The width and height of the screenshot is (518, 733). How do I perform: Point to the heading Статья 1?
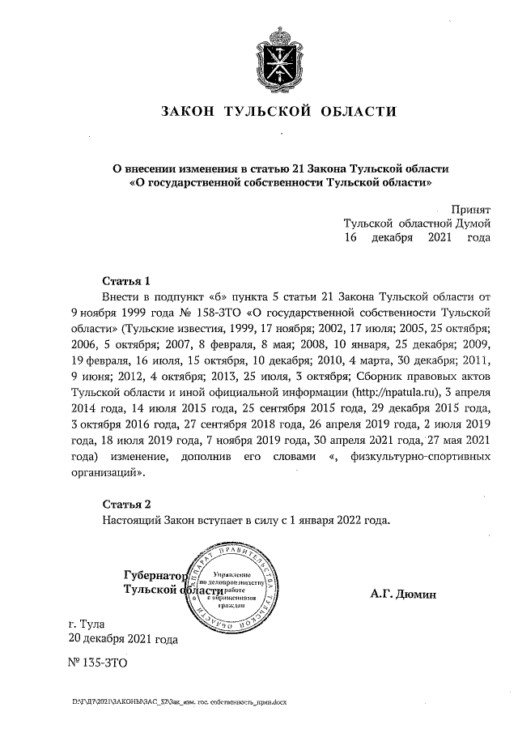pyautogui.click(x=126, y=281)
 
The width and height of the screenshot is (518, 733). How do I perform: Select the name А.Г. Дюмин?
pyautogui.click(x=403, y=594)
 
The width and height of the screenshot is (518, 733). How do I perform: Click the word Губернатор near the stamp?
pyautogui.click(x=153, y=576)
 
